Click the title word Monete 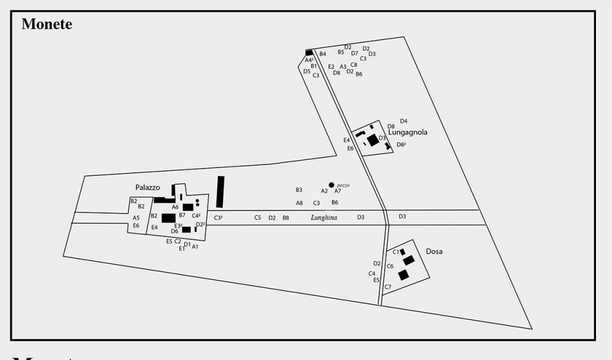pyautogui.click(x=47, y=24)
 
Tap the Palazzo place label pyautogui.click(x=148, y=187)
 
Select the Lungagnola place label pyautogui.click(x=408, y=132)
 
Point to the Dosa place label pyautogui.click(x=434, y=252)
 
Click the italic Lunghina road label pyautogui.click(x=324, y=218)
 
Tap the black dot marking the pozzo pyautogui.click(x=332, y=185)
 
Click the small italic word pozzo pyautogui.click(x=342, y=185)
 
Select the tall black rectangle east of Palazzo pyautogui.click(x=220, y=191)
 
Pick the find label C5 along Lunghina pyautogui.click(x=258, y=218)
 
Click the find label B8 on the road pyautogui.click(x=286, y=218)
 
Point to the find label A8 pyautogui.click(x=299, y=203)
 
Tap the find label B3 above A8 pyautogui.click(x=299, y=190)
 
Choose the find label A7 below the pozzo pyautogui.click(x=338, y=191)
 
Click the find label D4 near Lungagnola pyautogui.click(x=403, y=121)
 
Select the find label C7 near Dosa pyautogui.click(x=388, y=287)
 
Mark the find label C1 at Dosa pyautogui.click(x=396, y=252)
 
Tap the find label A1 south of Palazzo pyautogui.click(x=195, y=246)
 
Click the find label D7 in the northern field pyautogui.click(x=354, y=53)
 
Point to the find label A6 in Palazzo pyautogui.click(x=175, y=207)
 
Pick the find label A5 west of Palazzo pyautogui.click(x=136, y=218)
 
